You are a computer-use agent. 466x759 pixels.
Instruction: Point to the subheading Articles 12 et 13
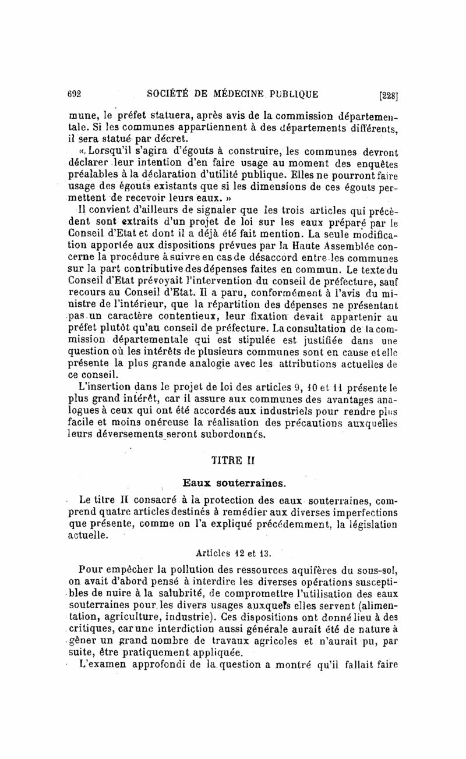coord(231,552)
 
